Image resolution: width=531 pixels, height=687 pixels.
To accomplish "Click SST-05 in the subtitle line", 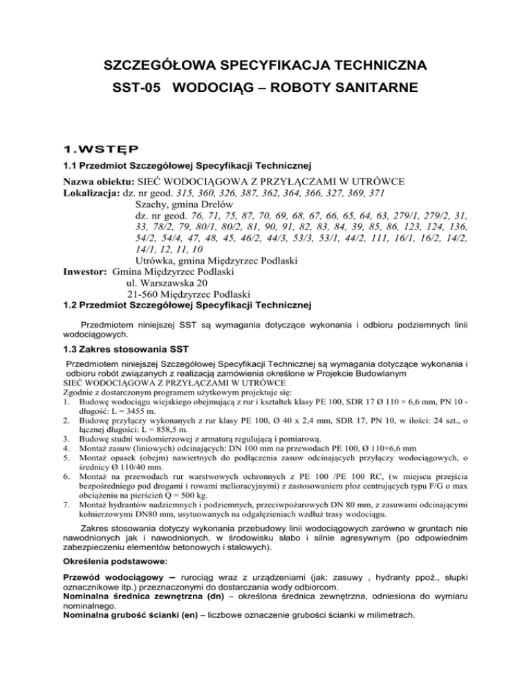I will pyautogui.click(x=136, y=90).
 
